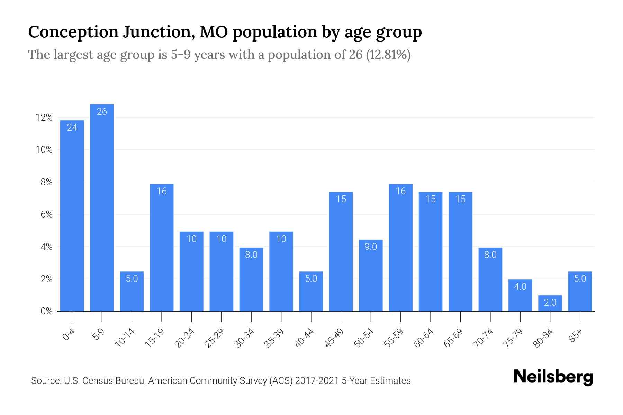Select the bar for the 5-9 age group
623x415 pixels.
pos(102,207)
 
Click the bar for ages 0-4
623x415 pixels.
pos(72,216)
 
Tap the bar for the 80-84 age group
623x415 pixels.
pos(550,303)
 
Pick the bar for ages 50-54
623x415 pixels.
pos(371,275)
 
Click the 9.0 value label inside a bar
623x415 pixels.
pos(371,247)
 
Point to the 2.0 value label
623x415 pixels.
pos(550,303)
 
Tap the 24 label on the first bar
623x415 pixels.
pos(72,128)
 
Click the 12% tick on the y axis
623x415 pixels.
pos(44,118)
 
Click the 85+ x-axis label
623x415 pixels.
pos(576,336)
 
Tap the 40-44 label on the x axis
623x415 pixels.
pos(305,338)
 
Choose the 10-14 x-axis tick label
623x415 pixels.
pos(125,338)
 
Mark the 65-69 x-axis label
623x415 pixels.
pos(454,338)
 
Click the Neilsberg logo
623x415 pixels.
pos(553,377)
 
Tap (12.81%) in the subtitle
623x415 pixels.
pos(388,55)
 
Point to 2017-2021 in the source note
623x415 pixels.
pos(317,381)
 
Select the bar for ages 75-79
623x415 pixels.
pos(520,295)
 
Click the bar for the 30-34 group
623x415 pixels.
pos(251,279)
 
